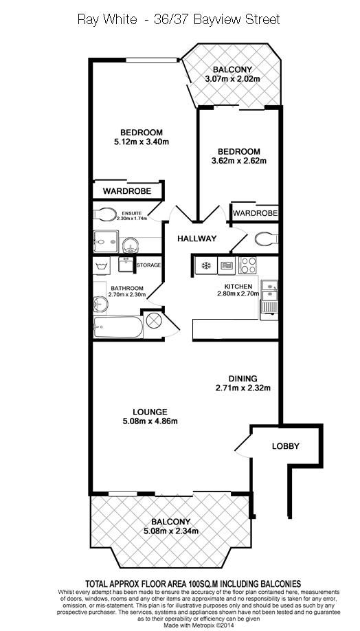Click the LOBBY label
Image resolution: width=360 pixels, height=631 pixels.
(285, 446)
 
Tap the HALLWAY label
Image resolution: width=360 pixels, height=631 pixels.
(196, 239)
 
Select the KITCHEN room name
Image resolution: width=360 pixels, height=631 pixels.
(238, 286)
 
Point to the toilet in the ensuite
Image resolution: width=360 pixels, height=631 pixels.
(104, 214)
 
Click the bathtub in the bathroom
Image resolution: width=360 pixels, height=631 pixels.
(118, 327)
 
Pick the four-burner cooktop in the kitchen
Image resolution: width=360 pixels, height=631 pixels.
(247, 265)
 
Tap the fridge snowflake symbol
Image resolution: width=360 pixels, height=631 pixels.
(205, 265)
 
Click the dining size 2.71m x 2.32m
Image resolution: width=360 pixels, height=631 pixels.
(243, 388)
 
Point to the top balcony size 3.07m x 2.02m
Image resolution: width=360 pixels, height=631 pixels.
(232, 79)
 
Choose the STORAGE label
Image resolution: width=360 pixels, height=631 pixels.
(148, 265)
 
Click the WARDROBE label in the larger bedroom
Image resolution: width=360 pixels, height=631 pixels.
(127, 191)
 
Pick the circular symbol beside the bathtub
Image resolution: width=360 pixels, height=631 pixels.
(153, 321)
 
